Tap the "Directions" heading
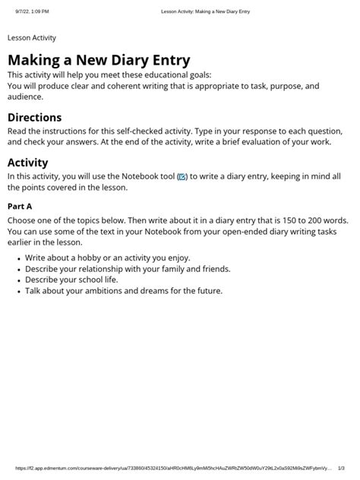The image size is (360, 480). pos(34,118)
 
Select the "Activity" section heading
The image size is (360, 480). pos(27,162)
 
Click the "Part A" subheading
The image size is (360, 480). pos(20,206)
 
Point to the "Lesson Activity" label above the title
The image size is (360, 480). pos(32,37)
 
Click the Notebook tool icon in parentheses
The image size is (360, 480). pos(182,177)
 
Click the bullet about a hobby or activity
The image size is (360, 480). pos(108,258)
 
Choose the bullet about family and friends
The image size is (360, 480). pos(128,269)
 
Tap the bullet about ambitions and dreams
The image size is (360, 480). pos(124,290)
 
